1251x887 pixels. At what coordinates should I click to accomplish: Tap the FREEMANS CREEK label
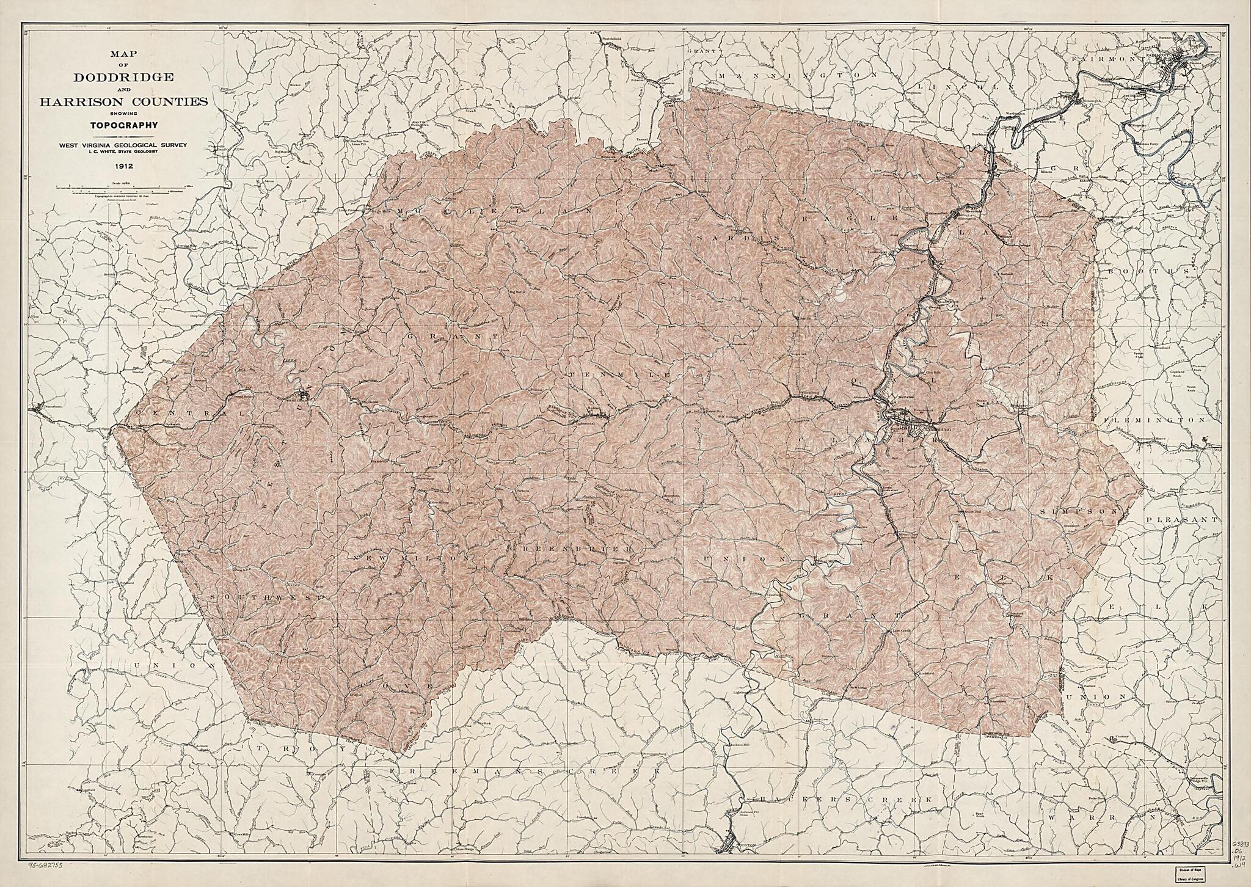click(525, 772)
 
